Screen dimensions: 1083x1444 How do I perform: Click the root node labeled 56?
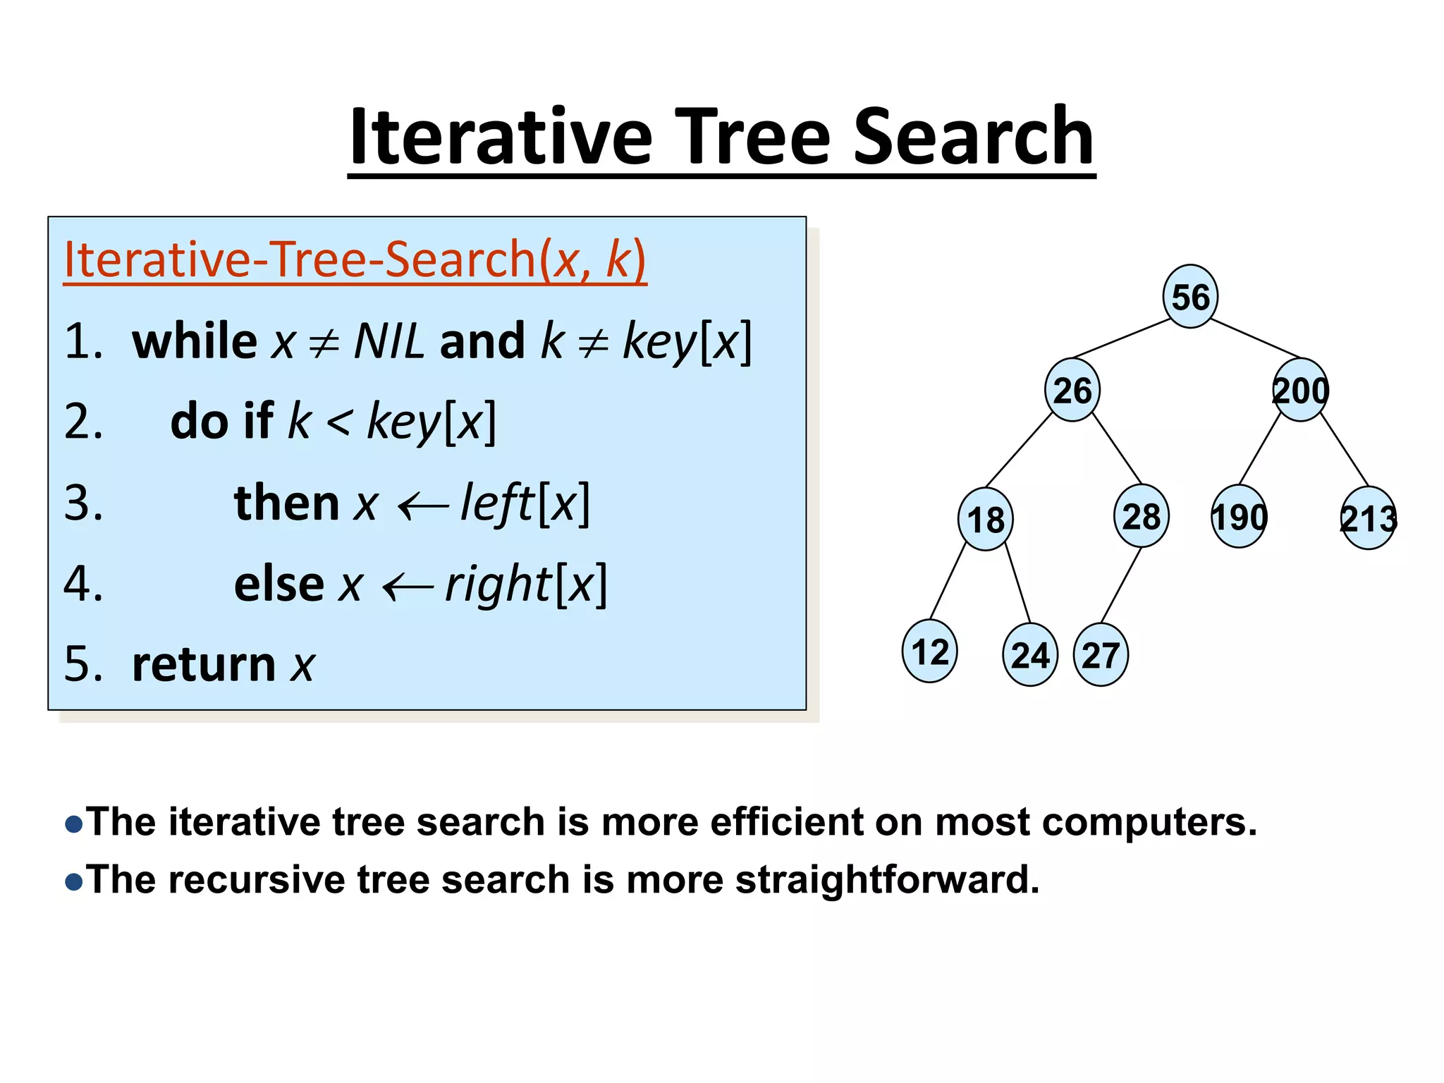coord(1190,296)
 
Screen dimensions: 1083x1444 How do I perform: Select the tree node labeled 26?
coord(1072,390)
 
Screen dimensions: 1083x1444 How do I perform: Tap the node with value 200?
coord(1300,390)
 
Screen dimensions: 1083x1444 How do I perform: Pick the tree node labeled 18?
coord(985,520)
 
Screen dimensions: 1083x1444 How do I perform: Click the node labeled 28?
coord(1141,516)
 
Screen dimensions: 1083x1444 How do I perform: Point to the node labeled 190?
coord(1239,517)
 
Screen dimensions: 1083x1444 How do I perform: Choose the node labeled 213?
coord(1368,519)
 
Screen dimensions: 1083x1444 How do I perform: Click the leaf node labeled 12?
coord(929,651)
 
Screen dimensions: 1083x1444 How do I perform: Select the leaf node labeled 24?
coord(1029,655)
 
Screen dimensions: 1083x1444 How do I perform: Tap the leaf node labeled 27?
coord(1101,655)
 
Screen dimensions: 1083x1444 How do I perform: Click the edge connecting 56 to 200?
coord(1255,338)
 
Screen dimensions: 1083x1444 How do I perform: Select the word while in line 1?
coord(195,341)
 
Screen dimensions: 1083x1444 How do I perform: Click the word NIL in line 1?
coord(388,341)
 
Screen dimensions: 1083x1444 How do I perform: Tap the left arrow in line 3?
coord(422,506)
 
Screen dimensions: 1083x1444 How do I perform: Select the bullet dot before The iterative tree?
coord(73,824)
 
